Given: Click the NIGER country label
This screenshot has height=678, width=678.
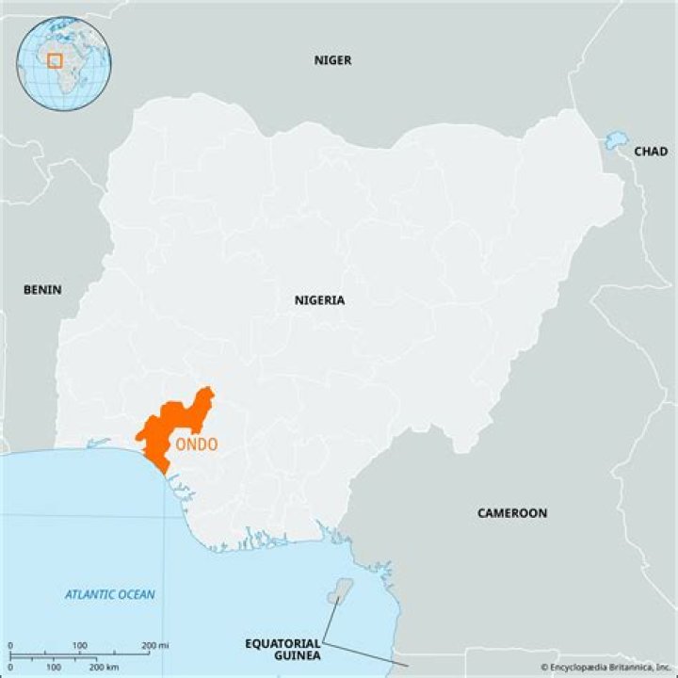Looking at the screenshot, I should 332,60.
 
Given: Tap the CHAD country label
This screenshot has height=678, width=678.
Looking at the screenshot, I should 650,151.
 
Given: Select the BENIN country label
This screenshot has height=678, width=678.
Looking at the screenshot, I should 42,289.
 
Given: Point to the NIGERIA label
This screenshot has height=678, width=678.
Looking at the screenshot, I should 319,300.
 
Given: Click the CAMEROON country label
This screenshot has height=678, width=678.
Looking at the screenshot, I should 511,513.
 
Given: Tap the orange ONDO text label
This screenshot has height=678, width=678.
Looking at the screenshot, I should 195,444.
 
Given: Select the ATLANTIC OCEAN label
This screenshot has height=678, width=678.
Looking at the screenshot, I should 110,594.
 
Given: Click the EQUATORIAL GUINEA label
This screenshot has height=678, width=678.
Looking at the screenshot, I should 282,649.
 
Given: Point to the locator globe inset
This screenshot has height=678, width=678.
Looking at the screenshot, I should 64,62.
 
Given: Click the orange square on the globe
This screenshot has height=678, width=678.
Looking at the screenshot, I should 55,60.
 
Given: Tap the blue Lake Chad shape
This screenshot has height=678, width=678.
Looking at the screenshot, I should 615,140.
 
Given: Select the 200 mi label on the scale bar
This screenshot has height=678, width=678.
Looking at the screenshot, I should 154,646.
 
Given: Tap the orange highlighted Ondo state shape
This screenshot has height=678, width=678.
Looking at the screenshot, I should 174,424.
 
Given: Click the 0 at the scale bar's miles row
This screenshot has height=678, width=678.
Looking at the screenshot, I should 10,646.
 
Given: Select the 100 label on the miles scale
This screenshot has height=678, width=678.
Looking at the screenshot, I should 81,646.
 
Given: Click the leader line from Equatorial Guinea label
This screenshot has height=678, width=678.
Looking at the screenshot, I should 329,621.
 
